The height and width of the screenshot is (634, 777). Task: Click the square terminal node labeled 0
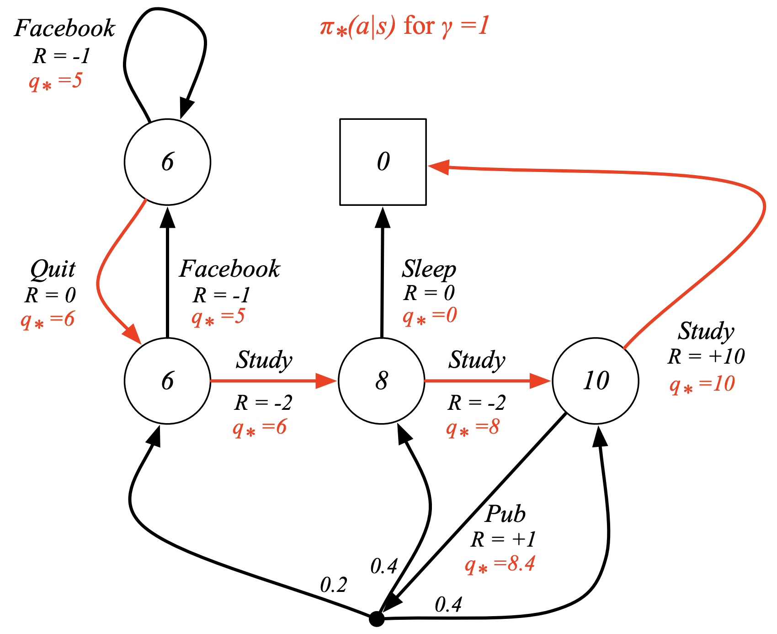pos(383,162)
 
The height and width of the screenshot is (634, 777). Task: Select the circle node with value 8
pos(382,381)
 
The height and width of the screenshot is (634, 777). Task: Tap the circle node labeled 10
pos(596,381)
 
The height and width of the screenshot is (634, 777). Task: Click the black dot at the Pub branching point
pos(377,619)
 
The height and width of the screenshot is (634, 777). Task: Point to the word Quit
pos(53,270)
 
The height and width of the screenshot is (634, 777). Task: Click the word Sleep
pos(429,269)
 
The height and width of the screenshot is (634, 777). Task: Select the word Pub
pos(505,515)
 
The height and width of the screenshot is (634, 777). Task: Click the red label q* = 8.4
pos(500,564)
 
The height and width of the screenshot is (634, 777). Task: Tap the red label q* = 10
pos(702,384)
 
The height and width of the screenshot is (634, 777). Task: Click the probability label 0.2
pos(333,585)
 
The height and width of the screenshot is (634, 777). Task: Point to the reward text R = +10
pos(706,356)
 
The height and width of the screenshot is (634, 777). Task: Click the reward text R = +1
pos(503,540)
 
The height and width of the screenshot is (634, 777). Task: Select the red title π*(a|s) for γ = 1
pos(404,26)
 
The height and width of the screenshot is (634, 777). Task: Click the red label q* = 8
pos(473,428)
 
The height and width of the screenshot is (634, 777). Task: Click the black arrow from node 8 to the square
pos(382,274)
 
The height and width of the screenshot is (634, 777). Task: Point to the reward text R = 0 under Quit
pos(50,296)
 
